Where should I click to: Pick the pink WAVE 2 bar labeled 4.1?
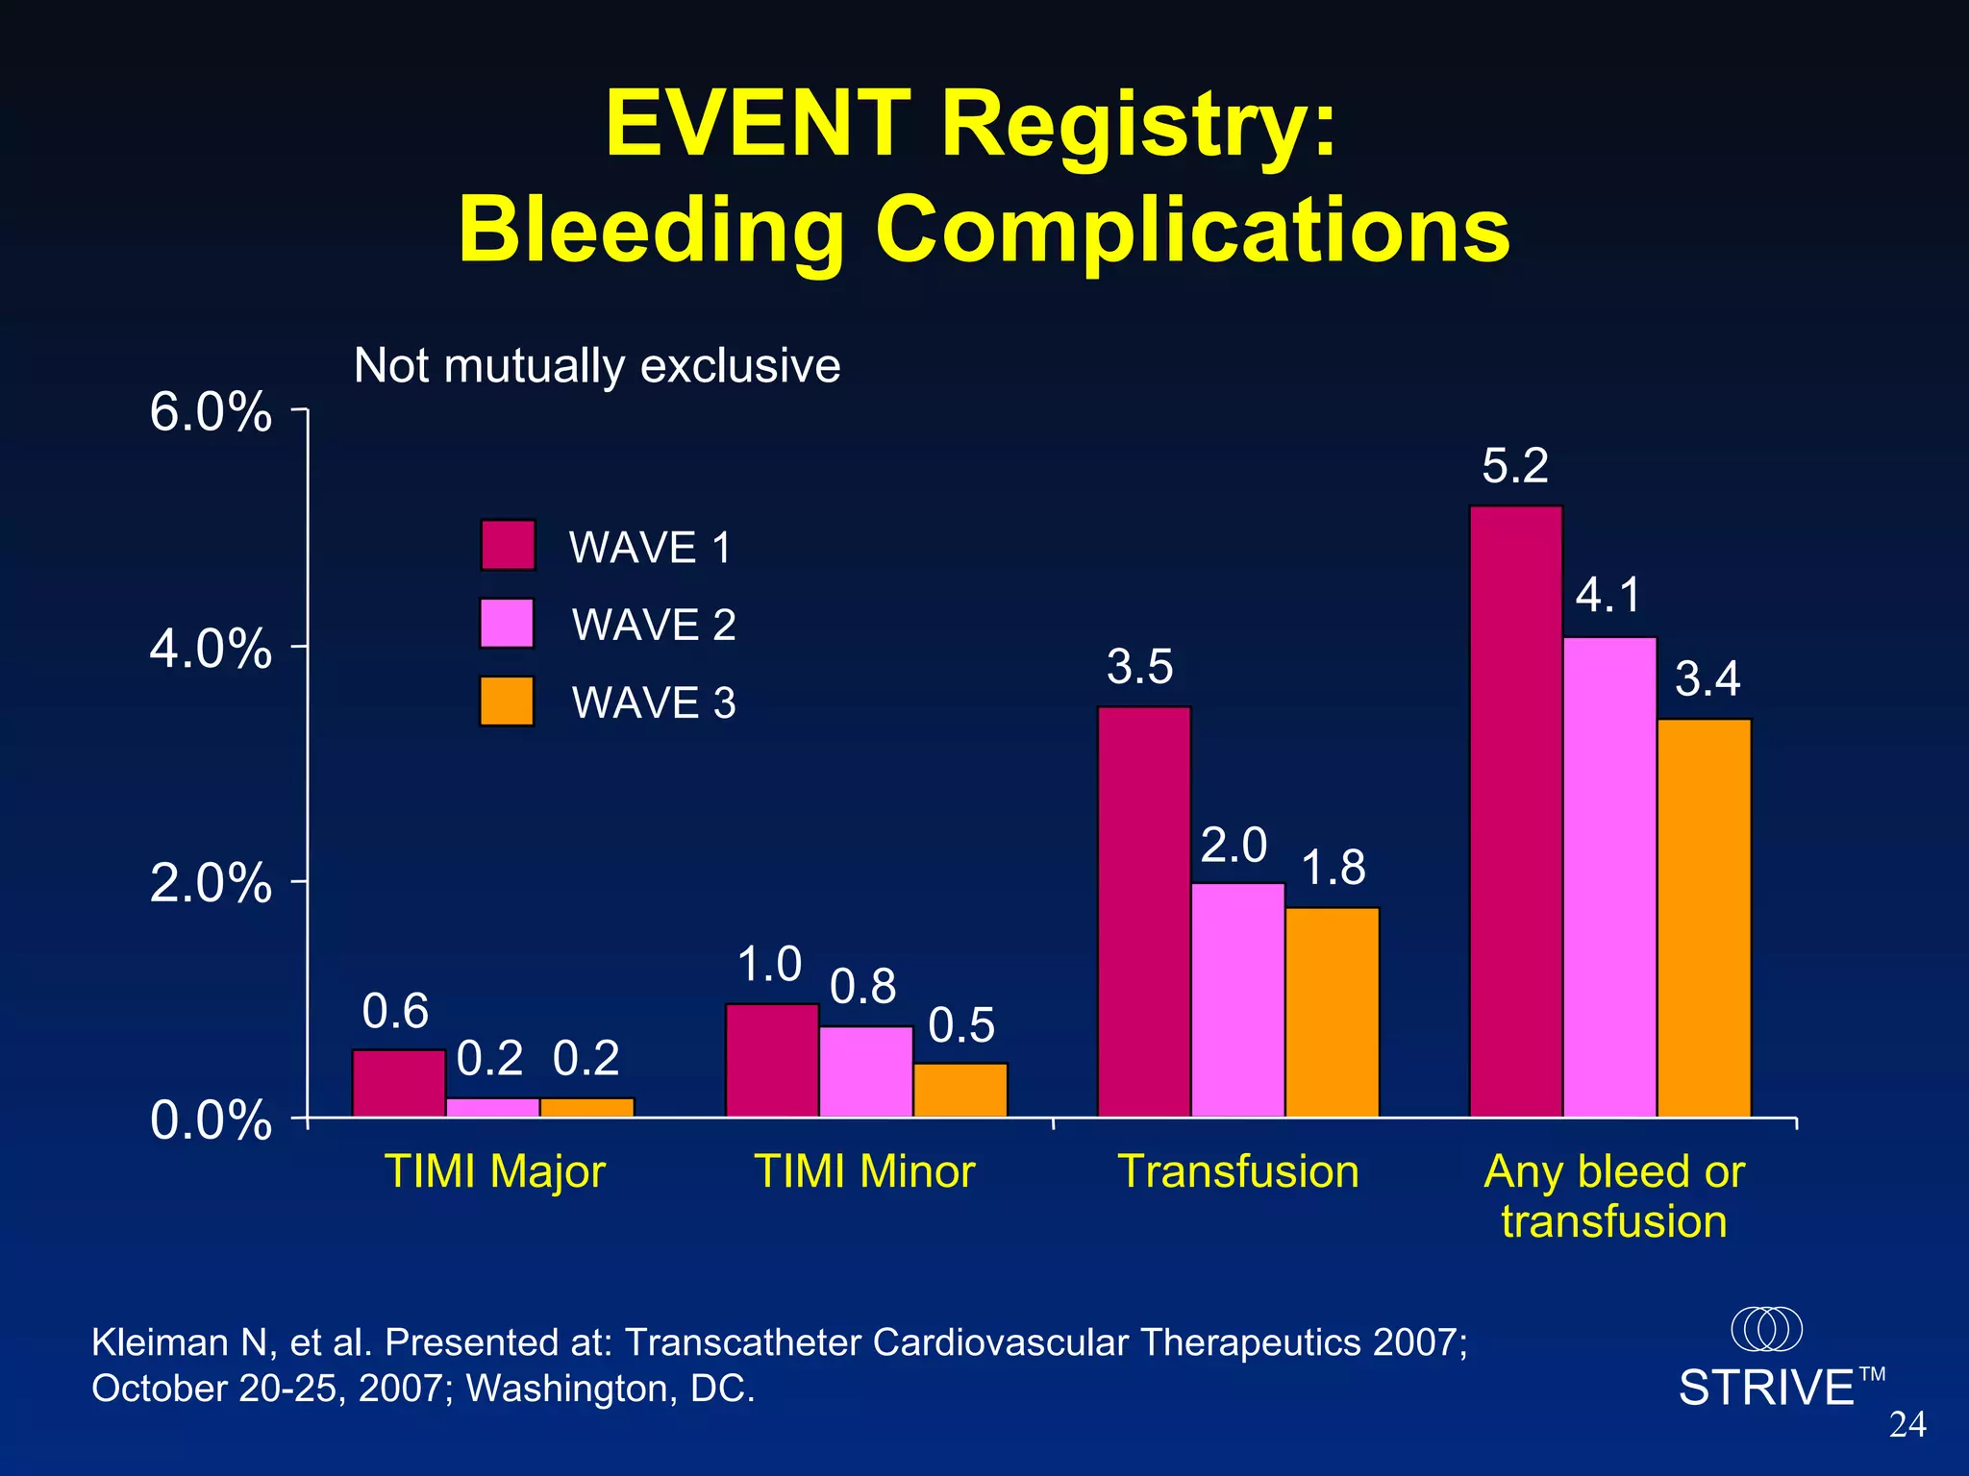click(1609, 876)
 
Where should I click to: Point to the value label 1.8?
click(1333, 868)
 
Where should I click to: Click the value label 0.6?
click(395, 1011)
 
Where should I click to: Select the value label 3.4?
click(1707, 679)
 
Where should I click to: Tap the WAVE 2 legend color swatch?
click(507, 624)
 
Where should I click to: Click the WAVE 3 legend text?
click(654, 702)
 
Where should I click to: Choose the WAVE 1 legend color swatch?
click(508, 545)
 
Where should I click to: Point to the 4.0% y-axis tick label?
click(211, 650)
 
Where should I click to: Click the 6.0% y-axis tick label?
click(211, 413)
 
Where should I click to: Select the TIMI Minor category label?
click(864, 1171)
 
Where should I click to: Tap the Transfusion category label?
click(1238, 1171)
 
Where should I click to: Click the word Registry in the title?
click(1139, 125)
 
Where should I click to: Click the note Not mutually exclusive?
click(596, 366)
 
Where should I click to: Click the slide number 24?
click(1907, 1424)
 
